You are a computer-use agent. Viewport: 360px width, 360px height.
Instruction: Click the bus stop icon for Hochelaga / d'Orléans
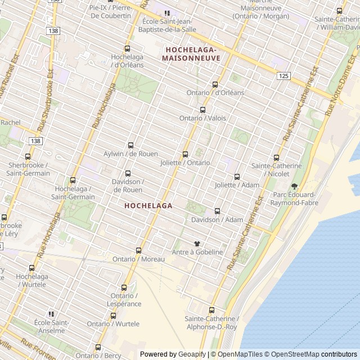[127, 48]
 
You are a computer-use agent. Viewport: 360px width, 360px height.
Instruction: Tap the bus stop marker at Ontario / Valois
[202, 110]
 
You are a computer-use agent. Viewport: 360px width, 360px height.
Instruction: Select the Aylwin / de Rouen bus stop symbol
[130, 145]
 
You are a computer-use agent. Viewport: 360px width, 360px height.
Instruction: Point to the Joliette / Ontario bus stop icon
[185, 154]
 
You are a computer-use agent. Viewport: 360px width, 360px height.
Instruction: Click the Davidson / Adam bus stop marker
[217, 211]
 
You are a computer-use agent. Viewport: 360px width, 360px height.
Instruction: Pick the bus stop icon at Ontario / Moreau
[138, 250]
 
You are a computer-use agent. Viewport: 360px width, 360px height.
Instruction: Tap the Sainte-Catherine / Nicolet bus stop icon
[276, 157]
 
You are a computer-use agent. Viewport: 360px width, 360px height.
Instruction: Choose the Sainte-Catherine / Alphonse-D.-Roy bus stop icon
[211, 310]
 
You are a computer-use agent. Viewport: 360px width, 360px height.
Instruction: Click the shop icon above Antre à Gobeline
[197, 244]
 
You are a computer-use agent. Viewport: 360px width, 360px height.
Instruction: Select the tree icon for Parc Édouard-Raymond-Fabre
[294, 186]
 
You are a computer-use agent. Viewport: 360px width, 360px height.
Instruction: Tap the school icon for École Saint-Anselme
[51, 314]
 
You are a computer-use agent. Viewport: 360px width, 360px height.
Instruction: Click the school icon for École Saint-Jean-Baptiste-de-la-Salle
[166, 12]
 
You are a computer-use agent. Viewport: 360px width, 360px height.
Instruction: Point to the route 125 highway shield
[283, 76]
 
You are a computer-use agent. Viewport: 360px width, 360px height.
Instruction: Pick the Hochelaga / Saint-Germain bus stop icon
[73, 181]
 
